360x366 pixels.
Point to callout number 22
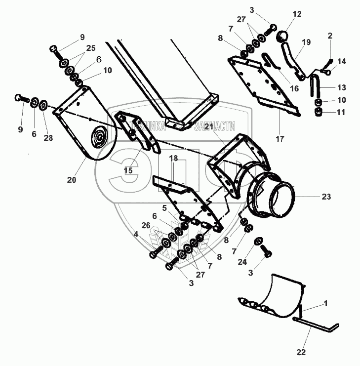[301, 352]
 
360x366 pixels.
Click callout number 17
[280, 139]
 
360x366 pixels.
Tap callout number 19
[306, 42]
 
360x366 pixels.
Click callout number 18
[173, 159]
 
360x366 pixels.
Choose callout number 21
[209, 127]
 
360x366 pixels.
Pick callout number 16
[294, 89]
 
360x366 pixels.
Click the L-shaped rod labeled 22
[316, 326]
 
